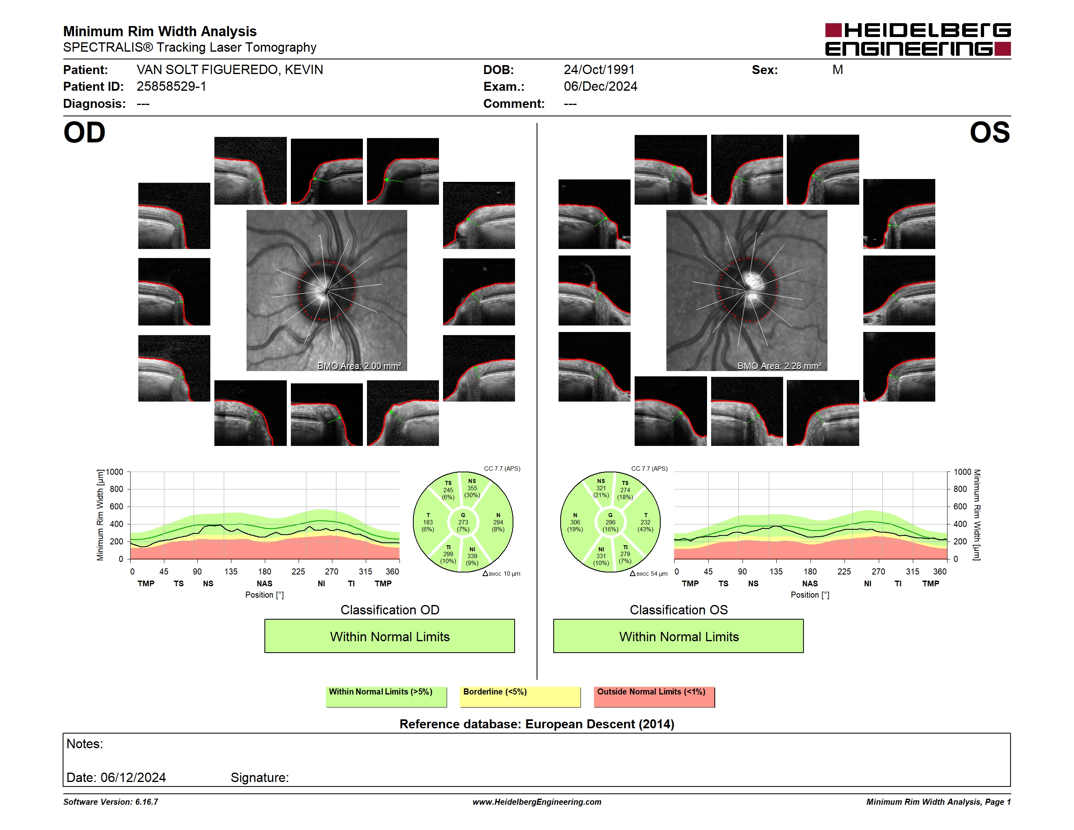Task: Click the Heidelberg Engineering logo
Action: point(918,39)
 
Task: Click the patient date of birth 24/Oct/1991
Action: point(599,70)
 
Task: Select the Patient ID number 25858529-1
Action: point(171,87)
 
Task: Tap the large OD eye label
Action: point(85,133)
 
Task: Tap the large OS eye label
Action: point(989,133)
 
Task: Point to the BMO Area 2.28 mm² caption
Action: point(779,366)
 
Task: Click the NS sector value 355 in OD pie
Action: point(472,488)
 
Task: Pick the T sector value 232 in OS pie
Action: point(645,522)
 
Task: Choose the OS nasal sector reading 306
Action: point(575,522)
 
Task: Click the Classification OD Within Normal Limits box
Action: point(389,636)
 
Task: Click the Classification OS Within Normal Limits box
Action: point(679,636)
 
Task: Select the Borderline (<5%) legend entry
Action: point(520,697)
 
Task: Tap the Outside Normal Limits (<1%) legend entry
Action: point(654,697)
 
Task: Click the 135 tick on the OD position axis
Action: point(231,571)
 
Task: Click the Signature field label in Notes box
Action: point(260,778)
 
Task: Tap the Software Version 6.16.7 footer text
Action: point(111,802)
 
